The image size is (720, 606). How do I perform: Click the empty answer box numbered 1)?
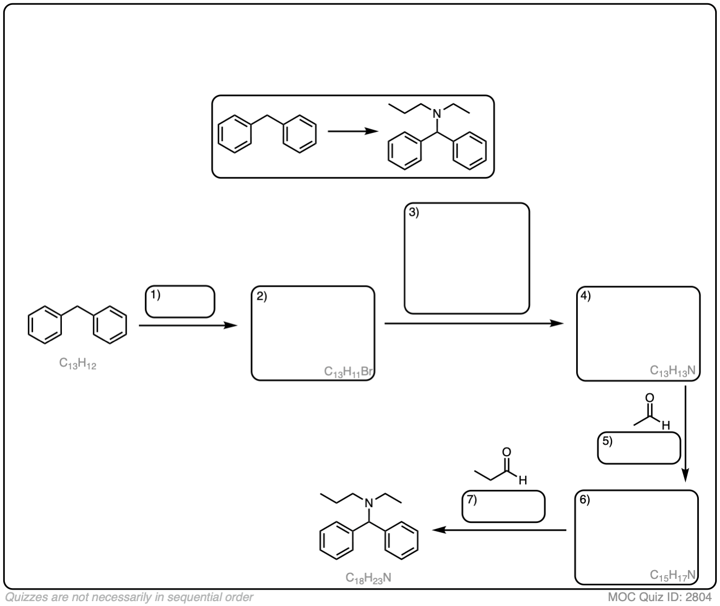(x=180, y=301)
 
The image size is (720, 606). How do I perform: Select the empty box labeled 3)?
(x=466, y=258)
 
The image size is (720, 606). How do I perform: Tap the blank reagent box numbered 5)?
(x=639, y=449)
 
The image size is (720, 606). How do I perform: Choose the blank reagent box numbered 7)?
(x=503, y=507)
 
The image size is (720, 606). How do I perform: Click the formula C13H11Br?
(x=348, y=372)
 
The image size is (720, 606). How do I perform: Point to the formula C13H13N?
(x=673, y=371)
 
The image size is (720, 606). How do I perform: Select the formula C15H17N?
(x=673, y=575)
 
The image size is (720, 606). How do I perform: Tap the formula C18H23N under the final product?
(x=368, y=578)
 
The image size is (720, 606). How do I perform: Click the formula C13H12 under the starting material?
(x=78, y=364)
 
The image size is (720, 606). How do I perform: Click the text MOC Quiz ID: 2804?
(x=660, y=598)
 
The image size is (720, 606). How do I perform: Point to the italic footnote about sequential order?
(x=129, y=598)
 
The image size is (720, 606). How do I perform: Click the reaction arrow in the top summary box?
(x=352, y=132)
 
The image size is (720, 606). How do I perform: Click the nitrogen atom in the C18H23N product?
(x=368, y=505)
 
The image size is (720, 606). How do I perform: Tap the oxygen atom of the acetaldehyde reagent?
(x=649, y=398)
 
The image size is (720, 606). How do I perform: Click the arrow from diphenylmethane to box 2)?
(x=188, y=326)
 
